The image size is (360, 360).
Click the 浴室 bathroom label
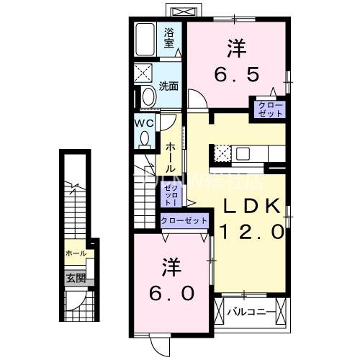[169, 37]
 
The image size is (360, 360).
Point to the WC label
[145, 123]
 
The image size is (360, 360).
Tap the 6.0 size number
[171, 294]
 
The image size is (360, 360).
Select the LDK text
[249, 207]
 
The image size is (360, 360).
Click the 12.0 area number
[249, 233]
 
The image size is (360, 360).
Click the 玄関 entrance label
[76, 277]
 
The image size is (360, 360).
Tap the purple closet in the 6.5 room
[268, 109]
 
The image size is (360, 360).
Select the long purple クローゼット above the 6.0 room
[184, 220]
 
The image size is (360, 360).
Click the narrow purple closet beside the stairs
[171, 193]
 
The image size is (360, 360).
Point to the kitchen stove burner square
[222, 152]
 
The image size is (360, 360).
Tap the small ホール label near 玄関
[76, 253]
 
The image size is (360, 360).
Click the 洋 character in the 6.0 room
[171, 267]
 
